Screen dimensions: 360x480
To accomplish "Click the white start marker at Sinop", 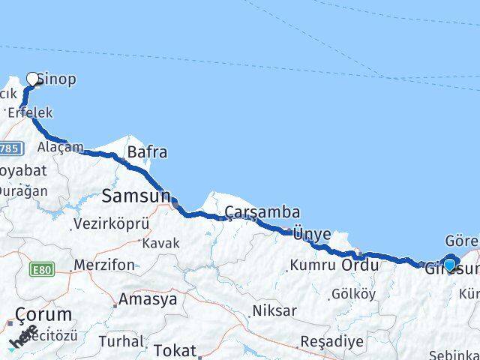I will pyautogui.click(x=32, y=78).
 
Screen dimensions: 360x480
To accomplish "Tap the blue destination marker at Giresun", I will pyautogui.click(x=450, y=264).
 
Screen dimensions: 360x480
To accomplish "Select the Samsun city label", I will pyautogui.click(x=136, y=196).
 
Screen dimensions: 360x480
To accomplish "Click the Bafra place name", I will pyautogui.click(x=147, y=152).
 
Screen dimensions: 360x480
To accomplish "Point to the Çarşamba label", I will pyautogui.click(x=252, y=212).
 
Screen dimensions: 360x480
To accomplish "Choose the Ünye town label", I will pyautogui.click(x=312, y=234).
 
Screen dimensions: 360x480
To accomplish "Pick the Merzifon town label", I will pyautogui.click(x=104, y=265).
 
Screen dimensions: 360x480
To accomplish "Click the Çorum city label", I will pyautogui.click(x=44, y=314).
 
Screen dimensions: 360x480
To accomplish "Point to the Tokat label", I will pyautogui.click(x=174, y=349).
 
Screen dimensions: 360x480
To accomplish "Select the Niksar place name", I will pyautogui.click(x=275, y=310).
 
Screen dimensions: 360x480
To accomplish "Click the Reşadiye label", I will pyautogui.click(x=332, y=341).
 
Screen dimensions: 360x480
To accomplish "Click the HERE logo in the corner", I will pyautogui.click(x=22, y=337).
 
